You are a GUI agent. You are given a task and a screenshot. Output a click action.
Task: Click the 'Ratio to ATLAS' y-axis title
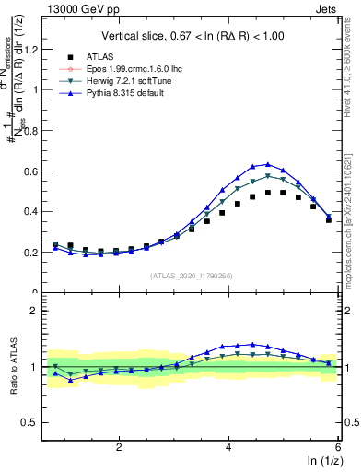click(x=17, y=367)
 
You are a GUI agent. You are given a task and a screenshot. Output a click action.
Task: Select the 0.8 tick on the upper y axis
click(x=33, y=130)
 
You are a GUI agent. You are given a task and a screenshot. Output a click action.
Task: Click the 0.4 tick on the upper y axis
click(x=33, y=211)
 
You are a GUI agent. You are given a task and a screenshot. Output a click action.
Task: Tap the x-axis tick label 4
click(x=228, y=446)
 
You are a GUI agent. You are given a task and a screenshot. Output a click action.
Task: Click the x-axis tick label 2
click(x=119, y=446)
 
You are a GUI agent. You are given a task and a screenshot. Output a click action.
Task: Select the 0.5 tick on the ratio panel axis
click(x=33, y=422)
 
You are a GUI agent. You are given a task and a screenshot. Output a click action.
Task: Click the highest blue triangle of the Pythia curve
click(x=268, y=164)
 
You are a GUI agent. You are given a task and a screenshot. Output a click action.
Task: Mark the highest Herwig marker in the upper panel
click(x=268, y=176)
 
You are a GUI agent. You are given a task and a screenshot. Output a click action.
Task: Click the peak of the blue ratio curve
click(x=252, y=344)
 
